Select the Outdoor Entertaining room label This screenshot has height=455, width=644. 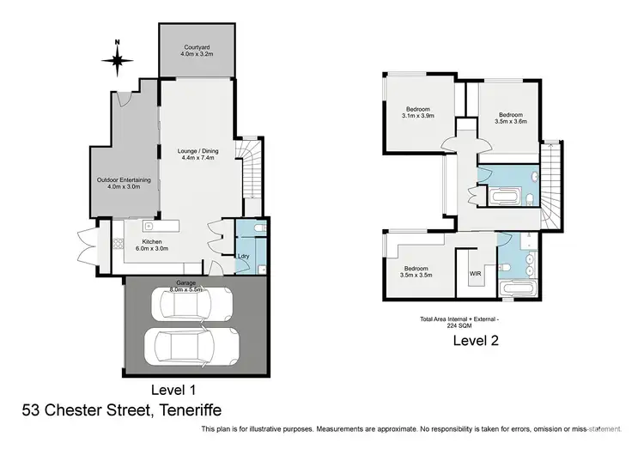(124, 183)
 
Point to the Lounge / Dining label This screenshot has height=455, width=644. (197, 155)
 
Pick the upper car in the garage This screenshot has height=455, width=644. (193, 303)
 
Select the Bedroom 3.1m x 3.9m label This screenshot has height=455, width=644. (418, 112)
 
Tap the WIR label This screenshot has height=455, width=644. (475, 274)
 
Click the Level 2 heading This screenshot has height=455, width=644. (476, 340)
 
